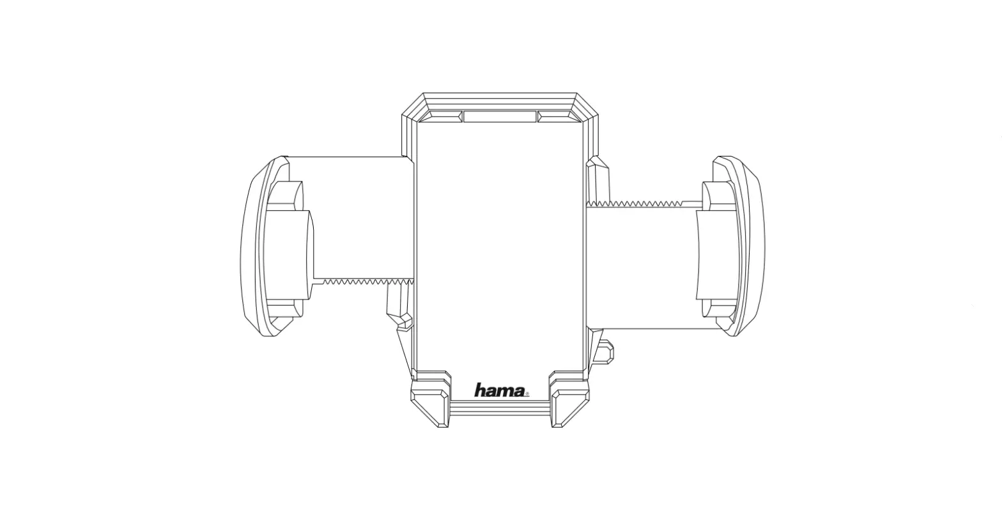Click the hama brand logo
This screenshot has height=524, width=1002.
click(500, 390)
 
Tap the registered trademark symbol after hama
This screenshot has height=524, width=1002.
click(527, 394)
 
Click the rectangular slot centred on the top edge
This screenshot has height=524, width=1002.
click(500, 116)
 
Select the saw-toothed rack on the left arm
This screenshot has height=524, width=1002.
click(365, 281)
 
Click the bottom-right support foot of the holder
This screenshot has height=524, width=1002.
click(569, 406)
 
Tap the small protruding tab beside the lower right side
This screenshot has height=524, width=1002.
click(606, 350)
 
